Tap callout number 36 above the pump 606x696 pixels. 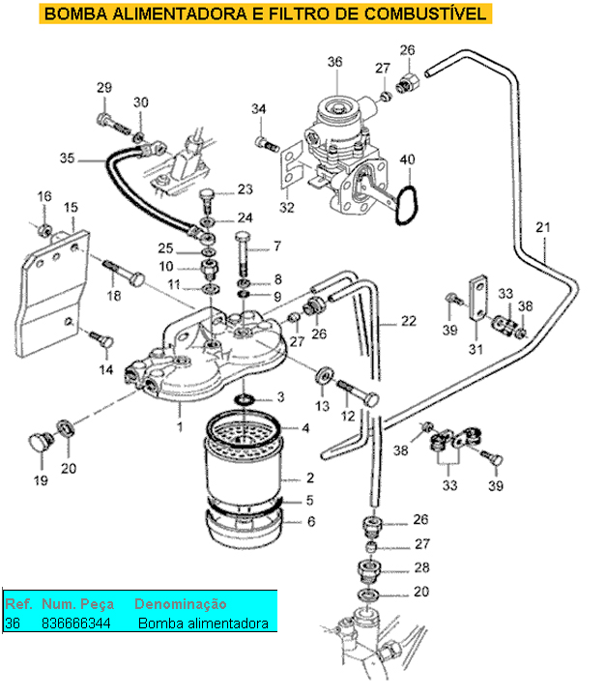tap(334, 61)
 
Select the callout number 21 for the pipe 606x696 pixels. tap(543, 228)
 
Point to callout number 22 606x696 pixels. tap(409, 321)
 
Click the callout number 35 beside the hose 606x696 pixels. tap(67, 158)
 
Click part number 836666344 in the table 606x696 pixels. tap(76, 623)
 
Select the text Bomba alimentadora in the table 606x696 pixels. tap(203, 623)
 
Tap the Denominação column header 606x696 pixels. tap(180, 603)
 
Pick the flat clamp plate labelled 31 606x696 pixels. tap(477, 303)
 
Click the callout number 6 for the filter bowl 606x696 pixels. tap(310, 521)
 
